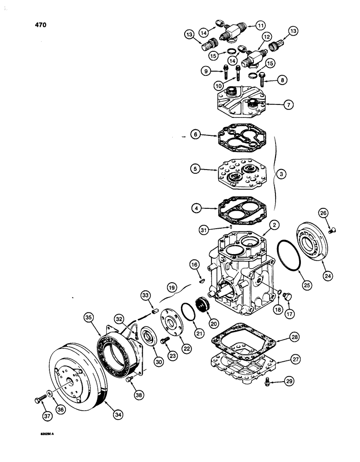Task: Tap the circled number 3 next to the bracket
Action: (x=282, y=174)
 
